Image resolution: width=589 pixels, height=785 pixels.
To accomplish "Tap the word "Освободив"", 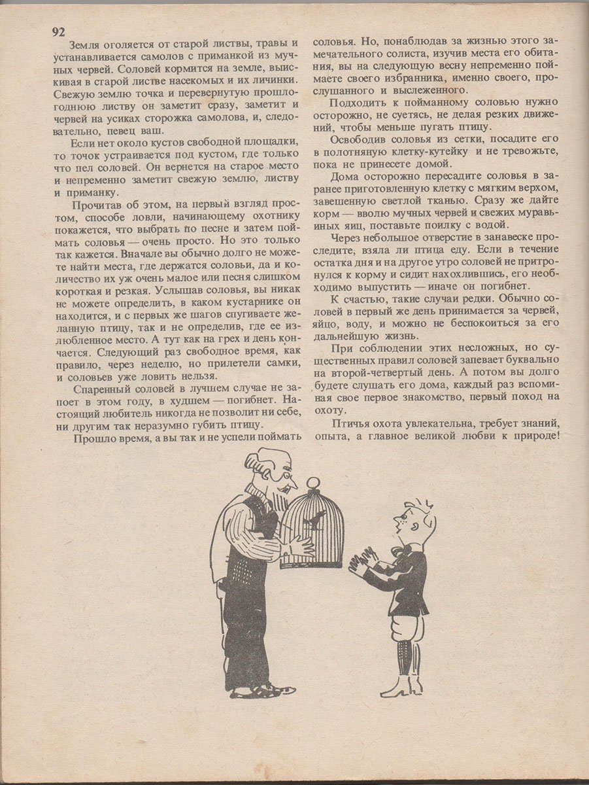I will (x=359, y=139).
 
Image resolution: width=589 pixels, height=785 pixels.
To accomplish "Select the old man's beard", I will (x=275, y=504).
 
